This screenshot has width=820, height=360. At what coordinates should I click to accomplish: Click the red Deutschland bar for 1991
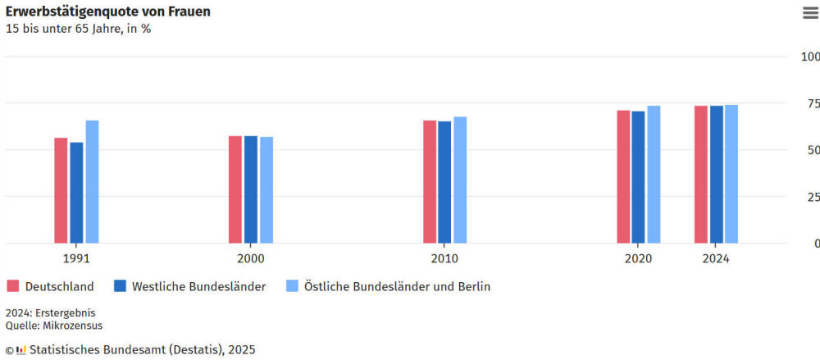pos(61,190)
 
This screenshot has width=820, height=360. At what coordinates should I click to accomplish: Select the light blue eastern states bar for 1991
pos(92,181)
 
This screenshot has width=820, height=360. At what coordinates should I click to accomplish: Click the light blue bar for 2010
pos(460,180)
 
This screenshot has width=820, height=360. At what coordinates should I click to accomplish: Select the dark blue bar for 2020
pos(638,176)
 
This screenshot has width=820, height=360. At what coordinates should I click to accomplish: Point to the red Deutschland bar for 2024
pos(701,174)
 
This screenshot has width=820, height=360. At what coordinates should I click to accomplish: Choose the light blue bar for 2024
pos(731,174)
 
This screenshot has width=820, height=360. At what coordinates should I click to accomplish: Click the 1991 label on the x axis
pos(76,258)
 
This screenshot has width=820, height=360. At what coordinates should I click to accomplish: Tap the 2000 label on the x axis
pos(251,258)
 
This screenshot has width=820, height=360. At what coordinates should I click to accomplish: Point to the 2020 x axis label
pos(638,258)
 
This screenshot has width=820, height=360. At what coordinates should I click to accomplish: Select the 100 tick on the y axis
pos(809,57)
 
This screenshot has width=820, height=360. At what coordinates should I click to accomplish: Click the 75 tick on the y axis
pos(811,103)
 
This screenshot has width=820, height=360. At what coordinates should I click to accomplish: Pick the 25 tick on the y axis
pos(811,197)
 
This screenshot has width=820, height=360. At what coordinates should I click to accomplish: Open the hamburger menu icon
pos(810,12)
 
